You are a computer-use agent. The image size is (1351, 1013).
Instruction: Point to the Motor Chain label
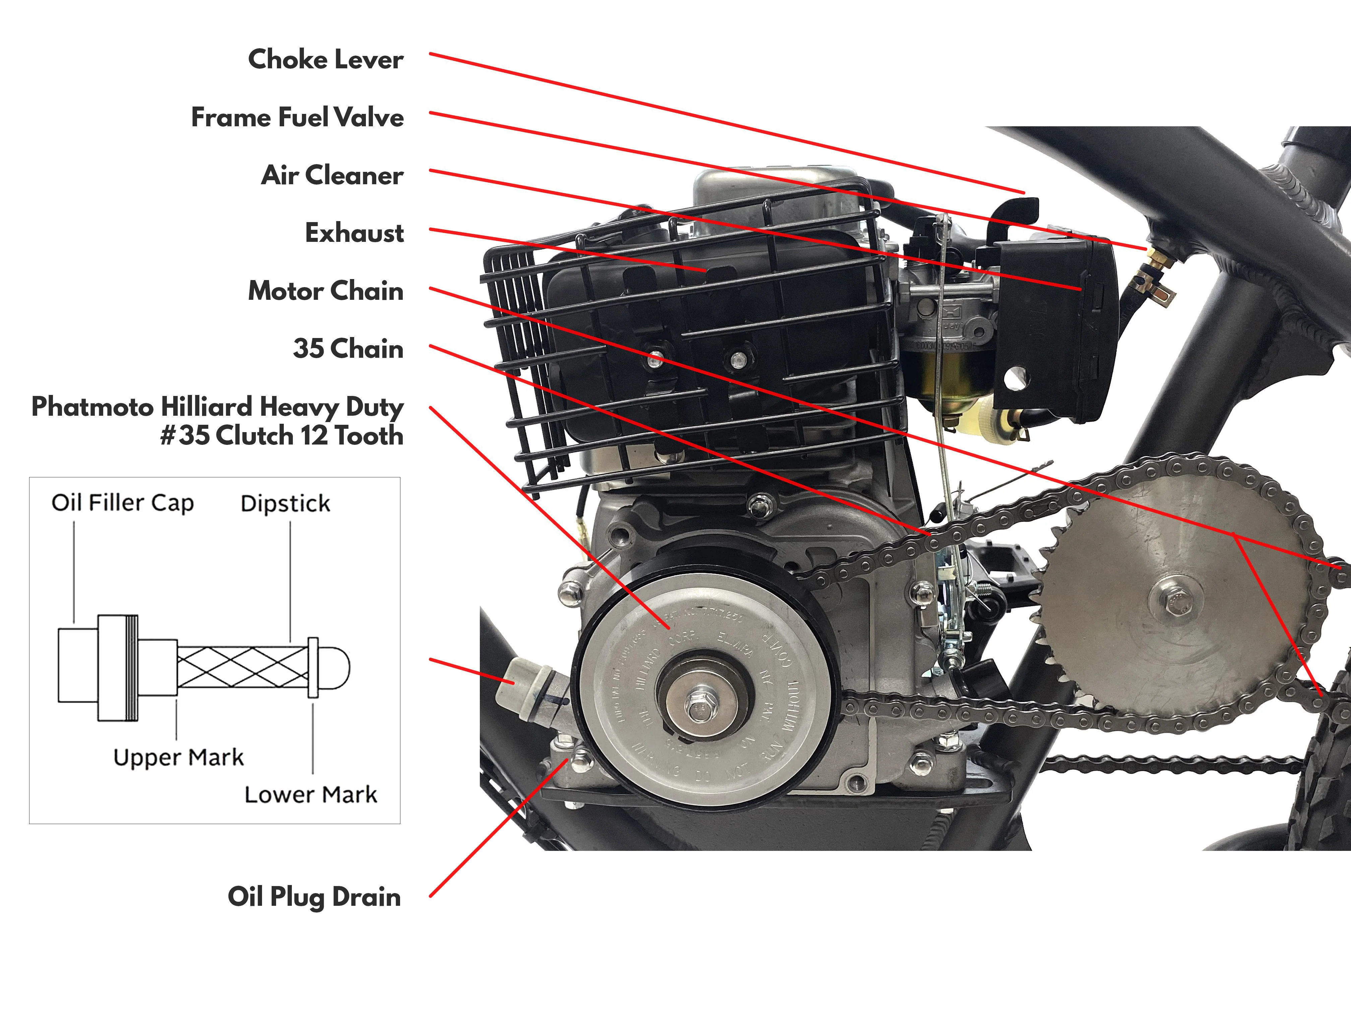326,291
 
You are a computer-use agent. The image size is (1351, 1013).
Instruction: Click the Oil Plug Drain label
314,897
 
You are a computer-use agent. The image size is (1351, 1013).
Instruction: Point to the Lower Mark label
311,794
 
